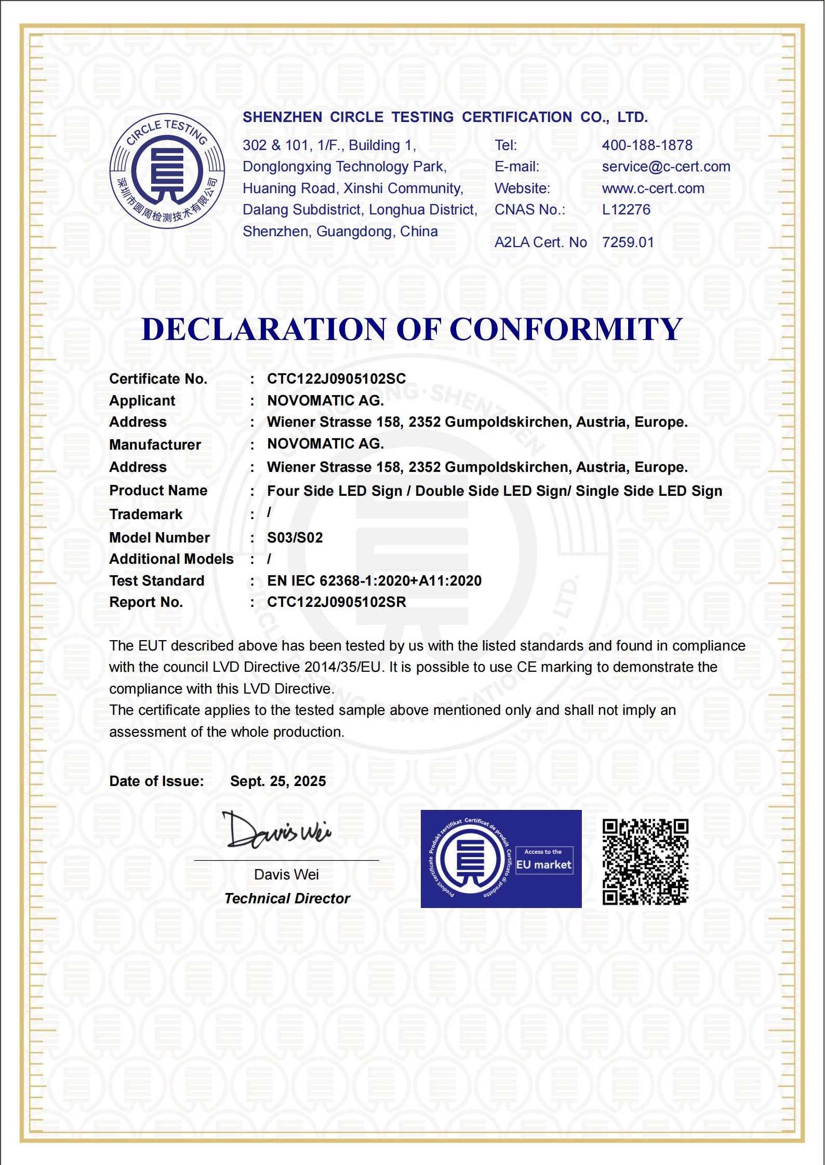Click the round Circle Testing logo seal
pyautogui.click(x=167, y=171)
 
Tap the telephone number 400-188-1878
pyautogui.click(x=647, y=145)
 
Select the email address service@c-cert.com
pyautogui.click(x=666, y=167)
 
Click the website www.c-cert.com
pyautogui.click(x=653, y=188)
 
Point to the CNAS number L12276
pyautogui.click(x=626, y=210)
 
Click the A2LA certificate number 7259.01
pyautogui.click(x=628, y=242)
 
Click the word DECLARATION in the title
pyautogui.click(x=263, y=329)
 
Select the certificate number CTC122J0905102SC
pyautogui.click(x=336, y=379)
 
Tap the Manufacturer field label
pyautogui.click(x=155, y=445)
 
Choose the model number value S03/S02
pyautogui.click(x=295, y=538)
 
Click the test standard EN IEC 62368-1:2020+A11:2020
pyautogui.click(x=374, y=581)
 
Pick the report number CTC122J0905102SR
pyautogui.click(x=336, y=602)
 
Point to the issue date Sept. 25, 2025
pyautogui.click(x=278, y=781)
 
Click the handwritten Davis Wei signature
pyautogui.click(x=277, y=831)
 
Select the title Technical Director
pyautogui.click(x=287, y=899)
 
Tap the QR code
pyautogui.click(x=645, y=862)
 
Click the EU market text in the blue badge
pyautogui.click(x=543, y=865)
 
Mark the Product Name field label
pyautogui.click(x=158, y=491)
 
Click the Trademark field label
pyautogui.click(x=145, y=514)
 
